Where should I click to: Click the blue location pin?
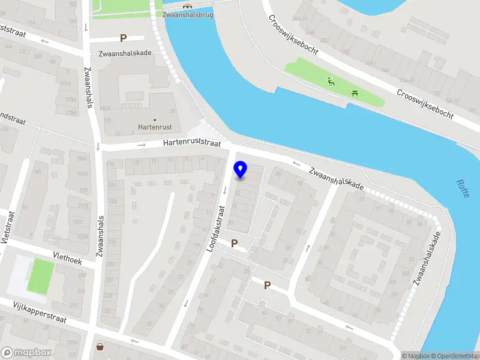click(241, 170)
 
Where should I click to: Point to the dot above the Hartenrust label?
click(154, 120)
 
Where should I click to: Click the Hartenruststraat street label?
click(192, 144)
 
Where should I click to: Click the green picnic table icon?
click(355, 93)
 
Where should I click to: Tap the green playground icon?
click(331, 82)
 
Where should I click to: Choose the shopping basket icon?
click(100, 346)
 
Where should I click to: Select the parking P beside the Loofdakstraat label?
click(235, 244)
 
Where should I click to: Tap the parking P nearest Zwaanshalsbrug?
click(124, 38)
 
